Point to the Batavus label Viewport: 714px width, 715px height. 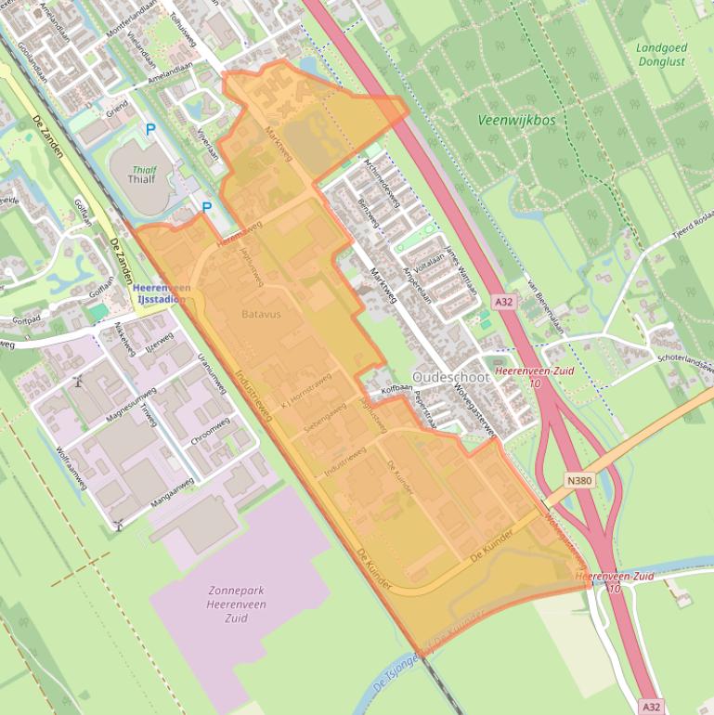tap(261, 314)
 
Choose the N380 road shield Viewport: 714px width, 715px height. tap(580, 480)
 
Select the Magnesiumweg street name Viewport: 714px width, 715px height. tap(128, 407)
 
